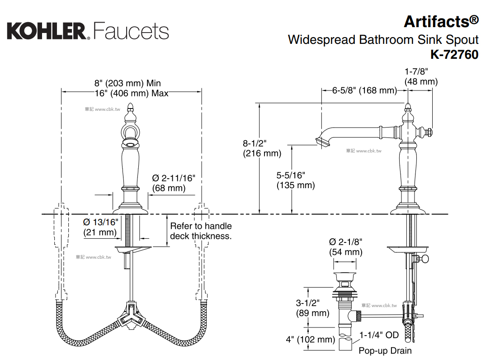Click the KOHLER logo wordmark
tap(46, 31)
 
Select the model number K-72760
tap(454, 55)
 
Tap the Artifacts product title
tap(440, 21)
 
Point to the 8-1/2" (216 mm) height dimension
tap(262, 148)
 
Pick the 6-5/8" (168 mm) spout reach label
tap(364, 90)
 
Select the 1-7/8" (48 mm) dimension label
tap(421, 76)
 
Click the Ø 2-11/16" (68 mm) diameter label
tap(174, 183)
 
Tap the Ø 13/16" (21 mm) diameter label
tap(100, 227)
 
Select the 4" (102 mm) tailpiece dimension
tap(310, 340)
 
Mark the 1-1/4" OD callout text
tap(379, 335)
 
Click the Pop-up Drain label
tap(385, 351)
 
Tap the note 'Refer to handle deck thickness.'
tap(200, 231)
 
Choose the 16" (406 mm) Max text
tap(132, 93)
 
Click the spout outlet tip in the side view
tap(321, 143)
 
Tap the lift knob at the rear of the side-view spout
tap(430, 133)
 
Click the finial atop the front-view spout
tap(131, 107)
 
